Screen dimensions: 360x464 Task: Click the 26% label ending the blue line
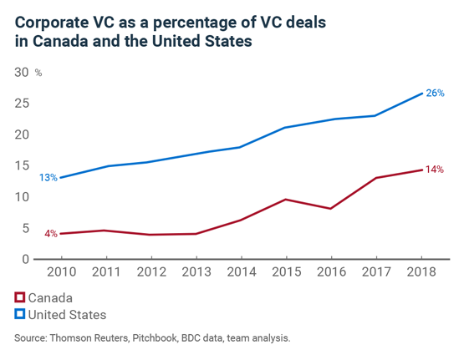click(x=434, y=93)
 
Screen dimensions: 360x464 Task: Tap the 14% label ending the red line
click(x=434, y=170)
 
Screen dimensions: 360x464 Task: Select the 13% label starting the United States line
click(x=48, y=178)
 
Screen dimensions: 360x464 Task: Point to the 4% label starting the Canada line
click(x=50, y=234)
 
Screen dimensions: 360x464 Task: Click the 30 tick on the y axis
click(x=23, y=73)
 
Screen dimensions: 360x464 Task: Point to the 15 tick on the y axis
click(x=23, y=165)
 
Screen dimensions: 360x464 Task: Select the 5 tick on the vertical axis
click(x=27, y=228)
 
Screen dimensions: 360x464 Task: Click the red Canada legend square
click(x=19, y=297)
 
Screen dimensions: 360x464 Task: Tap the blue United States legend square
click(x=19, y=315)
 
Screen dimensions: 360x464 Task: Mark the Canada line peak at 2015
click(x=286, y=200)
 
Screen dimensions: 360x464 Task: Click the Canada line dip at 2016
click(x=332, y=209)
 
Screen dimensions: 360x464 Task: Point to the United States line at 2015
click(x=286, y=128)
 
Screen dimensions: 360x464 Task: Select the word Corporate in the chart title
click(x=50, y=19)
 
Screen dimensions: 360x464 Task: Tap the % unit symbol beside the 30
click(x=38, y=74)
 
